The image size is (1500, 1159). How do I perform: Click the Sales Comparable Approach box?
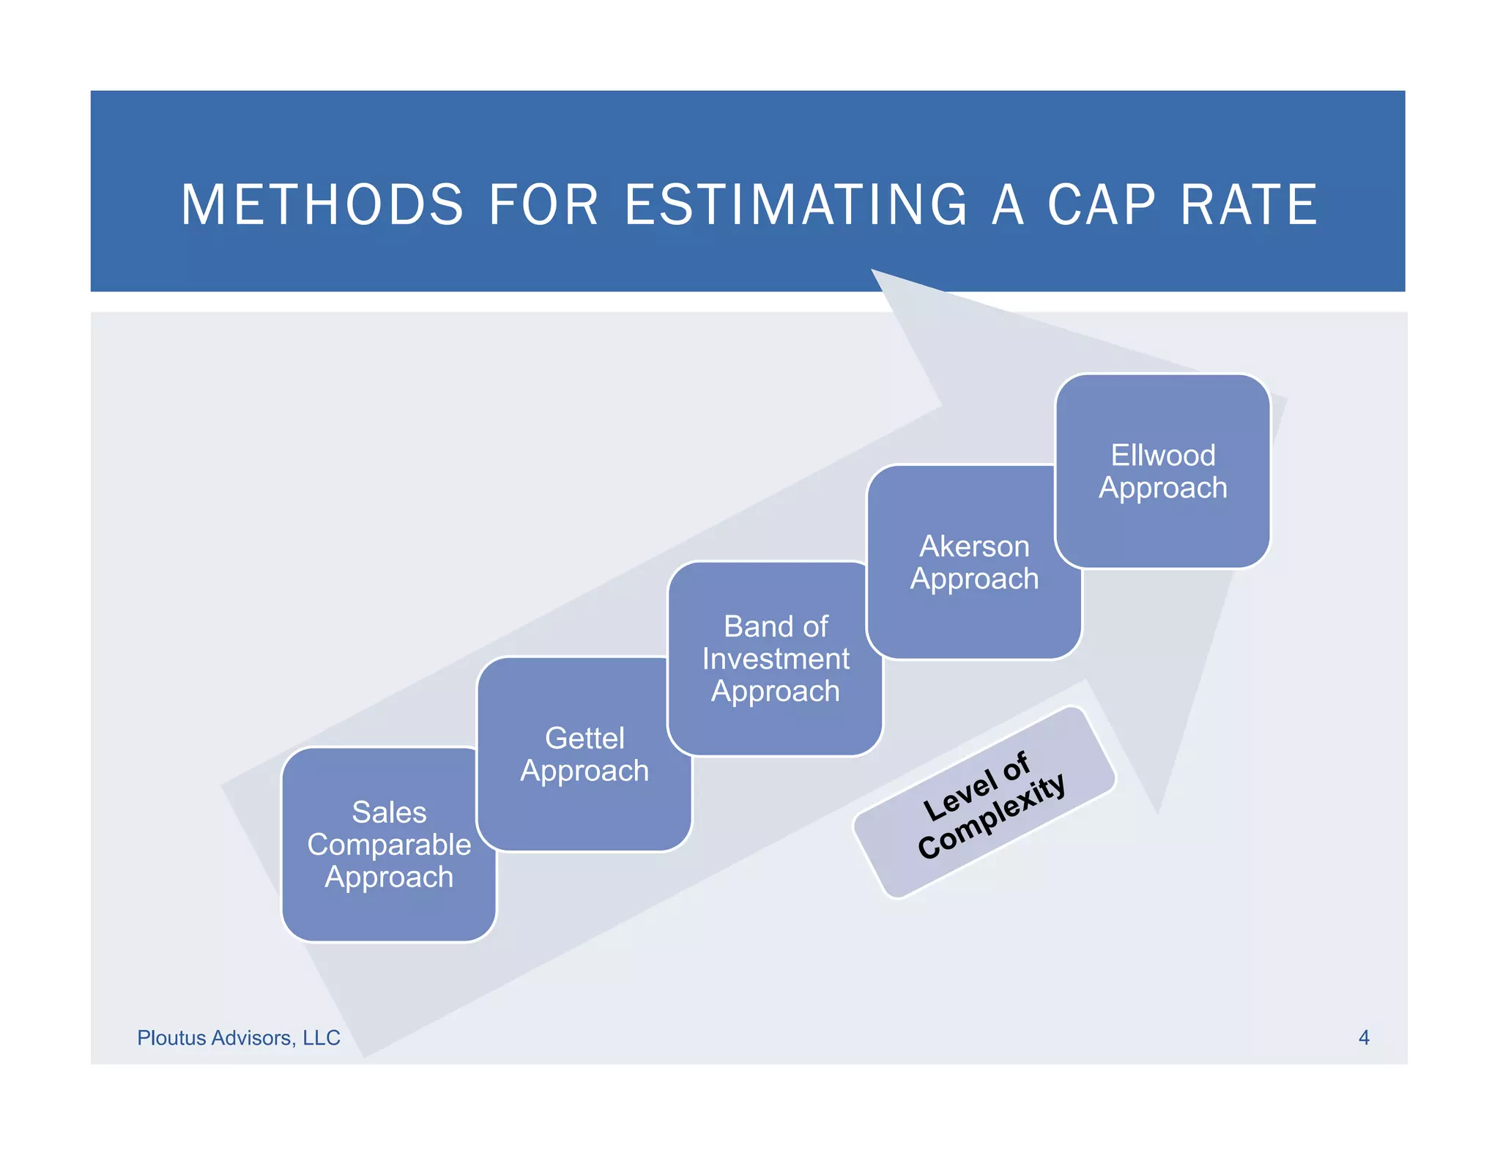[x=389, y=845]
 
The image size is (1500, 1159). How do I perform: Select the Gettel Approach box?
[x=584, y=755]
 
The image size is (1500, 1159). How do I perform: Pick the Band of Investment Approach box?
[x=775, y=659]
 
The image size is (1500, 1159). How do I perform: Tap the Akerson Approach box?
[x=974, y=563]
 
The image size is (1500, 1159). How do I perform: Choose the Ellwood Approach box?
[x=1162, y=471]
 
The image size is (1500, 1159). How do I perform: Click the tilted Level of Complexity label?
[x=984, y=802]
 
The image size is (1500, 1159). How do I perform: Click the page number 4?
[x=1364, y=1037]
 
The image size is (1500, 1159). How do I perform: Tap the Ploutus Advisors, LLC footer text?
[x=239, y=1037]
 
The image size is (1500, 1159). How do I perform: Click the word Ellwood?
[x=1162, y=455]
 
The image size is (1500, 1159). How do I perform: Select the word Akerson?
[x=974, y=547]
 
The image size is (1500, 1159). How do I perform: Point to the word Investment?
[x=775, y=659]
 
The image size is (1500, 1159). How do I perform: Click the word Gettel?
[x=584, y=738]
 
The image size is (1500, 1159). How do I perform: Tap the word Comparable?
[x=389, y=845]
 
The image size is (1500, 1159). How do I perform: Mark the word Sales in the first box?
[x=389, y=812]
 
